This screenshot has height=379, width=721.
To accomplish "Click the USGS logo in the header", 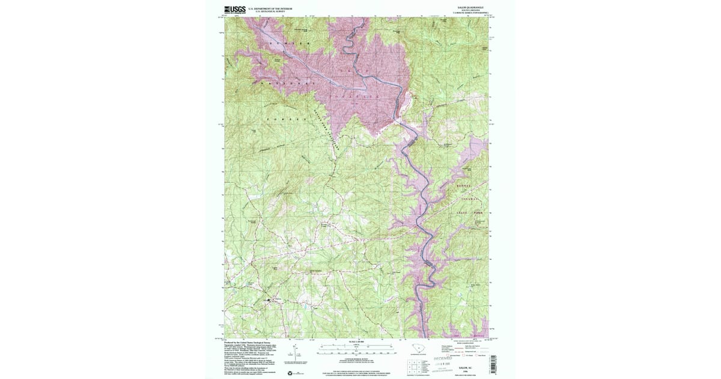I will tap(234, 10).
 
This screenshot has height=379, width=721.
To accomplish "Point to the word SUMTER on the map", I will tap(291, 45).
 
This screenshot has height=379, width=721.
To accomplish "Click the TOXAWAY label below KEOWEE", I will tap(471, 198).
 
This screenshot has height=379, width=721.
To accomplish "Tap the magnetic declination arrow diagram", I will tap(293, 353).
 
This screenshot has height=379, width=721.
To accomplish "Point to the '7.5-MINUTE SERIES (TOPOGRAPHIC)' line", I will tap(460, 13).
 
